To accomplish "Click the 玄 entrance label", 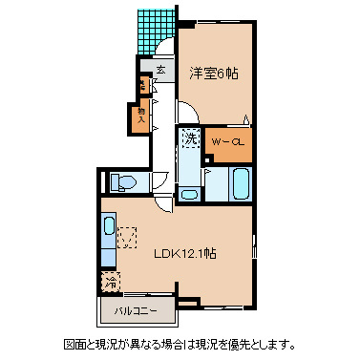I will coord(160,70).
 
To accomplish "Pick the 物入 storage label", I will coord(141,115).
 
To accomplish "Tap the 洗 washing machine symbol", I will coord(190,138).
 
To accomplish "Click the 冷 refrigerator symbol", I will coord(111,283).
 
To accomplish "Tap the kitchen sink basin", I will coord(108,228).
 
